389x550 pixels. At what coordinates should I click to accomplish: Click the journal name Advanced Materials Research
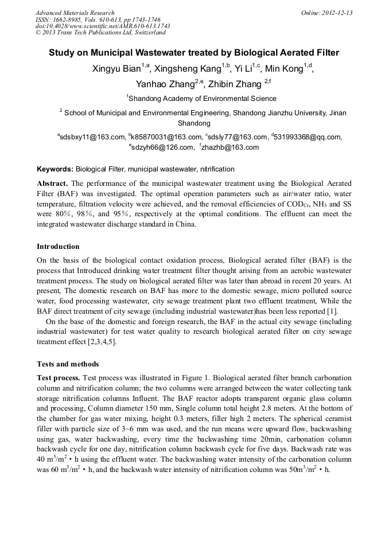pyautogui.click(x=75, y=13)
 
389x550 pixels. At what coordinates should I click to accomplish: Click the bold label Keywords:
pyautogui.click(x=55, y=169)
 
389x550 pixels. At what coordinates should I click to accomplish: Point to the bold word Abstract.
pyautogui.click(x=52, y=184)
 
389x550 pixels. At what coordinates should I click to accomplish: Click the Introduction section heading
pyautogui.click(x=58, y=247)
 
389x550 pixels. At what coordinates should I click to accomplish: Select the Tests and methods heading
pyautogui.click(x=68, y=364)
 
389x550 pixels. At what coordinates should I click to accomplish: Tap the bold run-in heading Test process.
pyautogui.click(x=59, y=378)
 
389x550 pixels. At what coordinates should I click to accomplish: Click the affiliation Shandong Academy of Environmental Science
pyautogui.click(x=194, y=99)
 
